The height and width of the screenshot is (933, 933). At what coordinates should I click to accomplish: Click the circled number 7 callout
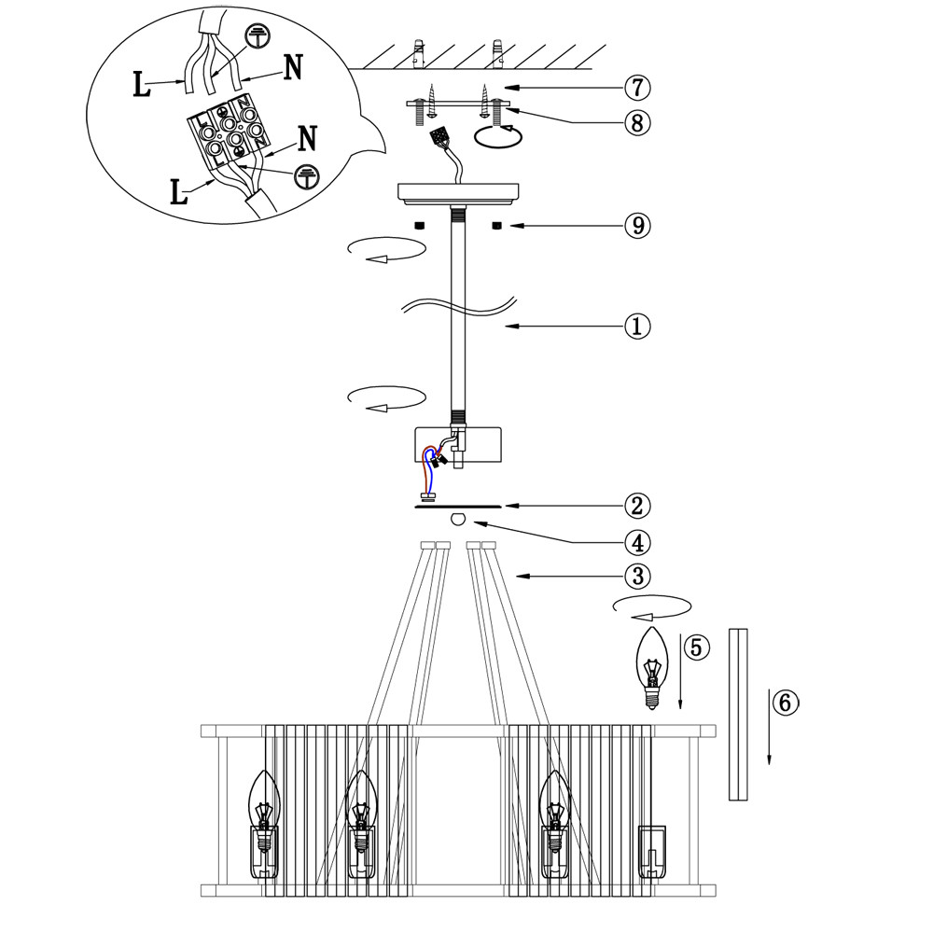point(637,89)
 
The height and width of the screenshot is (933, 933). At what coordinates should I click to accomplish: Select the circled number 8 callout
point(637,123)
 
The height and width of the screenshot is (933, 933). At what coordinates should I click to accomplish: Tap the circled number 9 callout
point(637,226)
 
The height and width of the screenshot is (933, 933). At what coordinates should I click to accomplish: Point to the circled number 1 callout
point(637,327)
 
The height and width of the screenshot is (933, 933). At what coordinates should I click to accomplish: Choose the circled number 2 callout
point(637,507)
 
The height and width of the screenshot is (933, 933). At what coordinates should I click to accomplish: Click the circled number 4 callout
point(637,542)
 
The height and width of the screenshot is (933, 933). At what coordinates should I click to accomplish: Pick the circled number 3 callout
point(637,576)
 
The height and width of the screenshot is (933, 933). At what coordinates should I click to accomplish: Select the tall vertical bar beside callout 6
point(739,715)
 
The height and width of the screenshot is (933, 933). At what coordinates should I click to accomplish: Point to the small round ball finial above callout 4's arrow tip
point(457,520)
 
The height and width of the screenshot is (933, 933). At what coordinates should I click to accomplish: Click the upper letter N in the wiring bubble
point(292,68)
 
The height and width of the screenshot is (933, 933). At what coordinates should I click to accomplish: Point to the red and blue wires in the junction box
point(432,464)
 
